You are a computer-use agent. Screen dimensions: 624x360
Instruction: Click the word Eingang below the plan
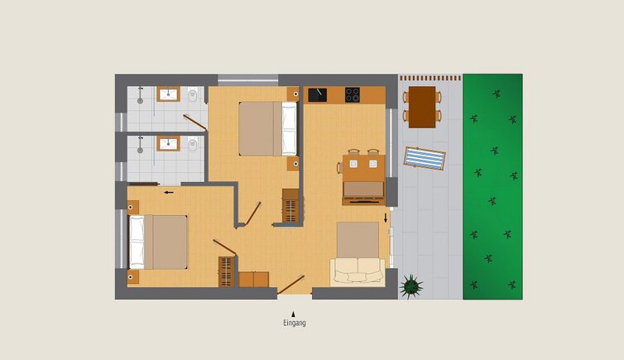click(x=295, y=323)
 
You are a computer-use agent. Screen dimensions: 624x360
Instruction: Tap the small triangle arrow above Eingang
click(x=293, y=314)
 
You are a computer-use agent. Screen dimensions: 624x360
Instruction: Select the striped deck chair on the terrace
click(x=425, y=158)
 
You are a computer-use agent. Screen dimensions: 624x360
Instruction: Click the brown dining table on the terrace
click(x=422, y=107)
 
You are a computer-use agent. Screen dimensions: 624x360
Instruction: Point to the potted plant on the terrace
click(x=411, y=286)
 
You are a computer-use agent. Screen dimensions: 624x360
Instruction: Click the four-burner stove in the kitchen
click(x=353, y=95)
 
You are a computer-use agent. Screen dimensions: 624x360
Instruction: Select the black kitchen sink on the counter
click(x=318, y=95)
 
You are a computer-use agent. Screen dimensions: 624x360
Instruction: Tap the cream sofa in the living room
click(x=358, y=272)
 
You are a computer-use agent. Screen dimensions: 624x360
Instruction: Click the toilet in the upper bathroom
click(x=193, y=94)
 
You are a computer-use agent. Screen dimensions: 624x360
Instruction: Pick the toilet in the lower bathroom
click(x=193, y=144)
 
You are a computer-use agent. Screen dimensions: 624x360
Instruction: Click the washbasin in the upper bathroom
click(x=168, y=94)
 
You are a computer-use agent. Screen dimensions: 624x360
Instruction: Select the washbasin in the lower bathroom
click(x=168, y=144)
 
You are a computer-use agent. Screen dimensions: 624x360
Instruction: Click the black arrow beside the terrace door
click(x=385, y=218)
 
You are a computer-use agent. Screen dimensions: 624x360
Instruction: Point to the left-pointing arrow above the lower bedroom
click(x=169, y=193)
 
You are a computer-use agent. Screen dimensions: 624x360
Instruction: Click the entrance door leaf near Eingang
click(x=291, y=285)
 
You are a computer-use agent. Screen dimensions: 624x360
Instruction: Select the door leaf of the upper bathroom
click(x=194, y=122)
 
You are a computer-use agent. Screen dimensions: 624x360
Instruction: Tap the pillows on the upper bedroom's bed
click(x=290, y=129)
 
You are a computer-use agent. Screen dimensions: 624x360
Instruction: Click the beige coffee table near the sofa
click(x=358, y=240)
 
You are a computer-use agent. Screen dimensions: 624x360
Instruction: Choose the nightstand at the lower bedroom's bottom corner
click(x=133, y=277)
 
